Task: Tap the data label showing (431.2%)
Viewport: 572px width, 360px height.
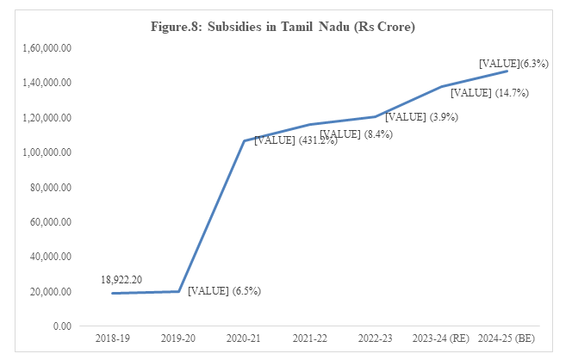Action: pos(283,140)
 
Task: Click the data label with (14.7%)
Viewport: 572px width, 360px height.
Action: pos(489,93)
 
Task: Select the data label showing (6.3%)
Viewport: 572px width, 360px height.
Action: pos(514,63)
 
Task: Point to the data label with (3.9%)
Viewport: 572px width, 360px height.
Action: pos(422,116)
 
